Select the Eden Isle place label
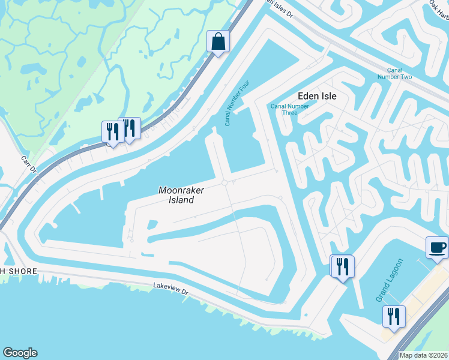[x=317, y=96]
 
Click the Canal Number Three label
[x=289, y=109]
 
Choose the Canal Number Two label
[x=395, y=73]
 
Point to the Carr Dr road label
[x=29, y=166]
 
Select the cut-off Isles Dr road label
[x=280, y=7]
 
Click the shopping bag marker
[x=218, y=42]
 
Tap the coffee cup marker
[x=436, y=247]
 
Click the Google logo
[x=20, y=353]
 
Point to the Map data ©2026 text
[x=423, y=355]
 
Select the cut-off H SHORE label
[x=18, y=271]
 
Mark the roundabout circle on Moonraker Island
[x=224, y=182]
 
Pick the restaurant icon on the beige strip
[x=394, y=316]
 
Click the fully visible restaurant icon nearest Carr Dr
[x=112, y=131]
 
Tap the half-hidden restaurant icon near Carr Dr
[x=131, y=127]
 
